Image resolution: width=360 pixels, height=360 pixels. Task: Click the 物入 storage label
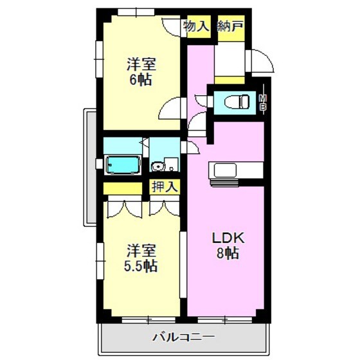tap(197, 26)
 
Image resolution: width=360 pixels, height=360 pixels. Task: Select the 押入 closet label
tap(165, 187)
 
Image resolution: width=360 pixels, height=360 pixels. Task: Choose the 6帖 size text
tap(141, 82)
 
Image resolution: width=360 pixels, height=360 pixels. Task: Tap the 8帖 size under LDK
tap(227, 254)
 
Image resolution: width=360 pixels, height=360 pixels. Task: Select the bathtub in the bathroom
tap(123, 165)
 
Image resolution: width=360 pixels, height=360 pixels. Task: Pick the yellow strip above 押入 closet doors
tap(123, 188)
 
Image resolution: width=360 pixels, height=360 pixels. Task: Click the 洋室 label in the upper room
tap(141, 65)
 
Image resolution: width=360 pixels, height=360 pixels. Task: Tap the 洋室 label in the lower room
tap(141, 249)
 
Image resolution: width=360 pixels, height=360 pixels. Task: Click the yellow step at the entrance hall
tap(230, 80)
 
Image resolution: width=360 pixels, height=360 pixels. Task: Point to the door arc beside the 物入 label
tap(172, 27)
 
